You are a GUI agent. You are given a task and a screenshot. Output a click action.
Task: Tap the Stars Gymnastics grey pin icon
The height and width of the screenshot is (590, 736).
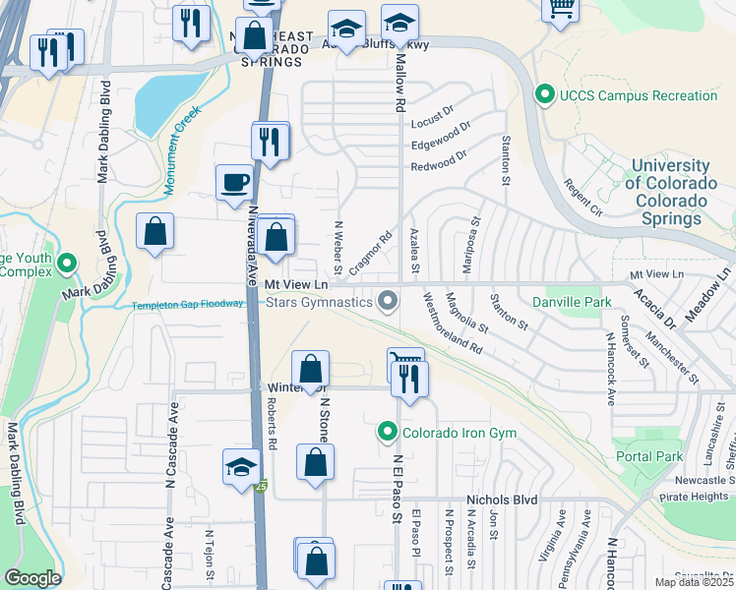tap(390, 302)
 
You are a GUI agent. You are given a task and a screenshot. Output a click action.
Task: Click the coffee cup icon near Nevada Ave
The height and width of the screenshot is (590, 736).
tap(235, 183)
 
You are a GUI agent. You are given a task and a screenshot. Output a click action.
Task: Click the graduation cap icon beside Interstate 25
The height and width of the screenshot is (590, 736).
tap(241, 469)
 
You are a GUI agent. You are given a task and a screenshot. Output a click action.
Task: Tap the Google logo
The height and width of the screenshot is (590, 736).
tap(32, 578)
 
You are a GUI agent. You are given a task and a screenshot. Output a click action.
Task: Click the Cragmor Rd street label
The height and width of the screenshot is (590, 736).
tap(371, 252)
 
